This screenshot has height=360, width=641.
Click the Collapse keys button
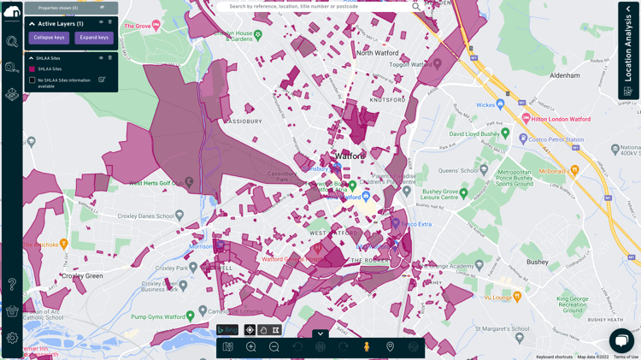(49, 38)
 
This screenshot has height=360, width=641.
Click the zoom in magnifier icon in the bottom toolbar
(251, 347)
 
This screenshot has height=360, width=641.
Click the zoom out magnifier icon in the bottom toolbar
(274, 347)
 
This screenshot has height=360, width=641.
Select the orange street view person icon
(367, 347)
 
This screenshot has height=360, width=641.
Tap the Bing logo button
(227, 330)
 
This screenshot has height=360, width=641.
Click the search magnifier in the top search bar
(416, 7)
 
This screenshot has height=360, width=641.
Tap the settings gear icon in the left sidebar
(12, 339)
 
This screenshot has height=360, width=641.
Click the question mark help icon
(12, 284)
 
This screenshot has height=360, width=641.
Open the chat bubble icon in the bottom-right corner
(621, 339)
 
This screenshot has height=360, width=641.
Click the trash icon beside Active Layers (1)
(109, 23)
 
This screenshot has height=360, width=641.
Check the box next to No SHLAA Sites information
(32, 80)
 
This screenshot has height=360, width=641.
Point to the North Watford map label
(378, 53)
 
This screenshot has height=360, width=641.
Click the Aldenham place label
(565, 75)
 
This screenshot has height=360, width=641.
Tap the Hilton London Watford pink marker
(526, 119)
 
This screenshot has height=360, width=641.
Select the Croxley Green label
(82, 276)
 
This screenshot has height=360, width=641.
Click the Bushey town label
(538, 262)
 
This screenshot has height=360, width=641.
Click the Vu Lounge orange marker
(517, 297)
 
